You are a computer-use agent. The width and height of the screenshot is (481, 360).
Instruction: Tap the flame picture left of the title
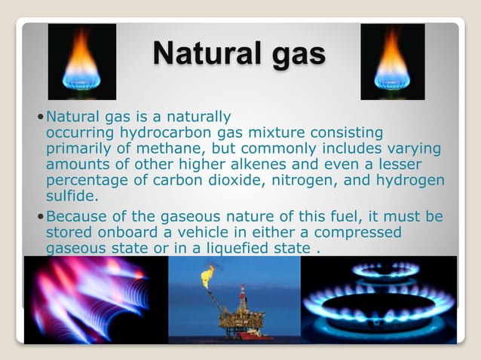[x=82, y=62]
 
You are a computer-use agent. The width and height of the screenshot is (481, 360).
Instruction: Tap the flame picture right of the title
[x=393, y=62]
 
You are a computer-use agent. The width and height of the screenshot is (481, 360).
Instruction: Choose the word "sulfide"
[x=71, y=196]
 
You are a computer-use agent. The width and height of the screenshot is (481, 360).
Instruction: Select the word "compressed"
[x=357, y=233]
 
